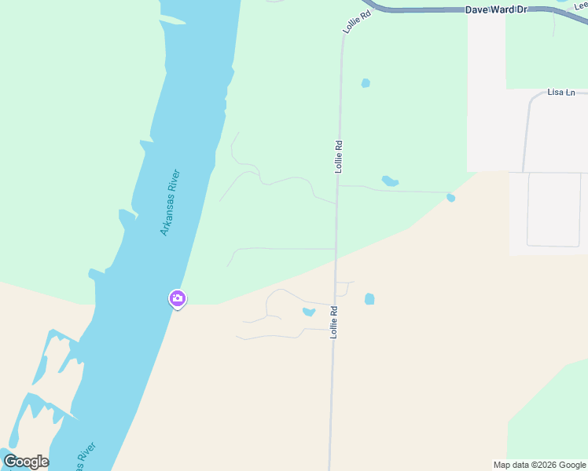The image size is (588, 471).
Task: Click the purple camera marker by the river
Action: point(177,298)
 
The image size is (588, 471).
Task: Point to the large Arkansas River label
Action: point(171,203)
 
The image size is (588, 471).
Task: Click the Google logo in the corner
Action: point(26,462)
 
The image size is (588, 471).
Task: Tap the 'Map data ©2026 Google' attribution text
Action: point(539,465)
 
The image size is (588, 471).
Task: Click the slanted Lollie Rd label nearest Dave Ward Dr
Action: point(355,21)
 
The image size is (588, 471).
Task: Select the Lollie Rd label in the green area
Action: point(339,156)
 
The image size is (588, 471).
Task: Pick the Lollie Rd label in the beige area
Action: point(334,322)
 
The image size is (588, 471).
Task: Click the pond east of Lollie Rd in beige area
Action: point(369,299)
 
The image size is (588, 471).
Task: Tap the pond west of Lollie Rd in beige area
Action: point(309,312)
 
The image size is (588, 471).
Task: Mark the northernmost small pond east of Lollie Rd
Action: point(366,83)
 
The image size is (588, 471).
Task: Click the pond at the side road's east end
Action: point(450,198)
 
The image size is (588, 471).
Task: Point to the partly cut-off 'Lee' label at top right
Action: point(580,6)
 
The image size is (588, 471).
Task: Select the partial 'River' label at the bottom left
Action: point(86,455)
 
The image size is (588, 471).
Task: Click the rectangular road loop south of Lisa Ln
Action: point(553,210)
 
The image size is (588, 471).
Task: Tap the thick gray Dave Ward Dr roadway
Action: point(424,11)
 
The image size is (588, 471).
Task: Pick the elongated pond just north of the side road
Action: point(390,181)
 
